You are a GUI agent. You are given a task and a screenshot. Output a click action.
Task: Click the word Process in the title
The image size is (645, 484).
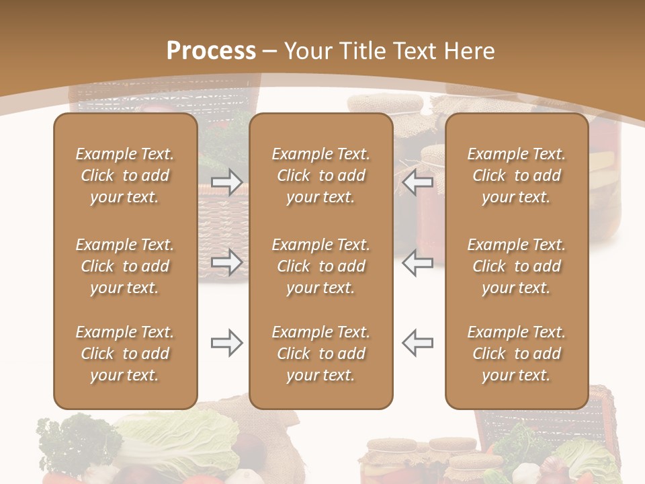pyautogui.click(x=211, y=51)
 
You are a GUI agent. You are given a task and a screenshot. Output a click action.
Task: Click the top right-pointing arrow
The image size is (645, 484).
pyautogui.click(x=226, y=182)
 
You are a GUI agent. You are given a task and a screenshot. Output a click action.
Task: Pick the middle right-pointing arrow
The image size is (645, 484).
pyautogui.click(x=226, y=261)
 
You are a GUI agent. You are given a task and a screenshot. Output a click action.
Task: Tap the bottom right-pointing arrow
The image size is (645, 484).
pyautogui.click(x=226, y=344)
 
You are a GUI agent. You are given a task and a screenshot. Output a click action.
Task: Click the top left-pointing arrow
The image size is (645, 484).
pyautogui.click(x=418, y=182)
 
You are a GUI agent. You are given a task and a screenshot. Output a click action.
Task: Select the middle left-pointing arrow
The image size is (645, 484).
pyautogui.click(x=418, y=261)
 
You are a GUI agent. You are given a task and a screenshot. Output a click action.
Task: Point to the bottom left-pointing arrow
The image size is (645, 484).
pyautogui.click(x=418, y=344)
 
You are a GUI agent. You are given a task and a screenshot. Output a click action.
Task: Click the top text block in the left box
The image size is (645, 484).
pyautogui.click(x=125, y=175)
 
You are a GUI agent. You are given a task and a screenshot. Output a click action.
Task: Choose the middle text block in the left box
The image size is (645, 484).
pyautogui.click(x=125, y=266)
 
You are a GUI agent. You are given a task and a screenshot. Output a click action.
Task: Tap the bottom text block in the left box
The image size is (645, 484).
pyautogui.click(x=125, y=354)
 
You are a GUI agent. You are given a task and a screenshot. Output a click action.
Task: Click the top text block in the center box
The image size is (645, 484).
pyautogui.click(x=320, y=175)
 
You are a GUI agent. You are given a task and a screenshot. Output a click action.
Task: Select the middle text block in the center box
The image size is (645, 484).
pyautogui.click(x=320, y=266)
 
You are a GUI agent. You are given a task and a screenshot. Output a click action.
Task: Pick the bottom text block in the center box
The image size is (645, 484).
pyautogui.click(x=320, y=354)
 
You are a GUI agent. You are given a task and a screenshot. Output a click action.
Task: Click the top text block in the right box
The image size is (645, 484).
pyautogui.click(x=517, y=175)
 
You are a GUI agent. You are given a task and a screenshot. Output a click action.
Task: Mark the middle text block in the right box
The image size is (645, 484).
pyautogui.click(x=517, y=266)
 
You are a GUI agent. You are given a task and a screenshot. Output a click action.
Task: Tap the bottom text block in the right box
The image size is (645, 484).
pyautogui.click(x=517, y=354)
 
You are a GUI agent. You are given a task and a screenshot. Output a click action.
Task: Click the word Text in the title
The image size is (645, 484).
pyautogui.click(x=414, y=51)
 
